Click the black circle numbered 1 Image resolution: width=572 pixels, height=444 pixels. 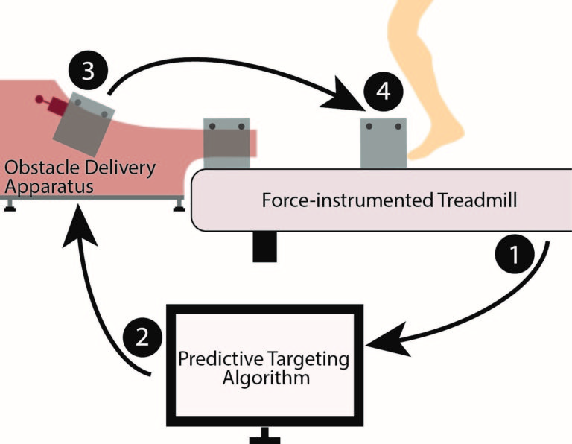pyautogui.click(x=515, y=254)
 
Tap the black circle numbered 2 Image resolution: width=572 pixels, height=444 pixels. pyautogui.click(x=142, y=337)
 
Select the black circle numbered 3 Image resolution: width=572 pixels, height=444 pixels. pyautogui.click(x=89, y=71)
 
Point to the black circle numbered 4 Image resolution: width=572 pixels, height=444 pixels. pyautogui.click(x=384, y=91)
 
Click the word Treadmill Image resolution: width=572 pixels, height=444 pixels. pyautogui.click(x=477, y=200)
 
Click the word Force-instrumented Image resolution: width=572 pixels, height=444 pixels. pyautogui.click(x=348, y=200)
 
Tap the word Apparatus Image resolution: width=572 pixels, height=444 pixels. pyautogui.click(x=49, y=187)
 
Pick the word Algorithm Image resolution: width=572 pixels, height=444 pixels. pyautogui.click(x=267, y=378)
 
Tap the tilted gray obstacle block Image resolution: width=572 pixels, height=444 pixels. pyautogui.click(x=84, y=124)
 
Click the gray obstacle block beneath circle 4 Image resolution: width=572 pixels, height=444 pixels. pyautogui.click(x=384, y=143)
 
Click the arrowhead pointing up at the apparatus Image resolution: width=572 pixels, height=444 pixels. pyautogui.click(x=80, y=225)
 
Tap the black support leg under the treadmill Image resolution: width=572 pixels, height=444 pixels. pyautogui.click(x=265, y=247)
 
